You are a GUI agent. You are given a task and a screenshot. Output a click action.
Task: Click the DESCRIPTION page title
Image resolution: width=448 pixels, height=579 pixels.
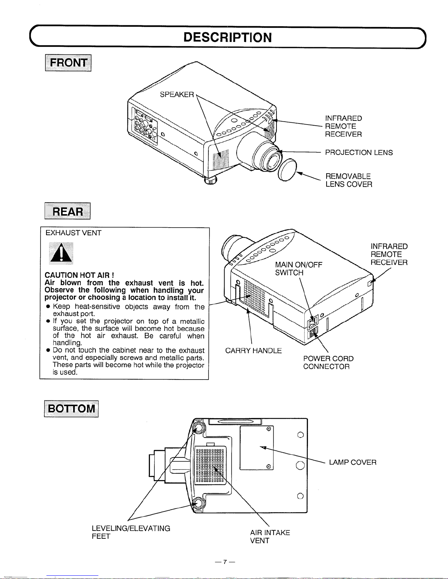(x=227, y=37)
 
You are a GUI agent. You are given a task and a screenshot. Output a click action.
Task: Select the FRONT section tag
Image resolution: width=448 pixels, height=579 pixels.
(x=68, y=63)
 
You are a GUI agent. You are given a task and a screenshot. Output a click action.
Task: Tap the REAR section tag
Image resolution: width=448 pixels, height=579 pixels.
(x=68, y=211)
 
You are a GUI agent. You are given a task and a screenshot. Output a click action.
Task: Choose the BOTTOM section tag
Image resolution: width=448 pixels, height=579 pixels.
(x=71, y=408)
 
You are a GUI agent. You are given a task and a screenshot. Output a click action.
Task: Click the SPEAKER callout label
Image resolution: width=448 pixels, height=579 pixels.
(x=177, y=95)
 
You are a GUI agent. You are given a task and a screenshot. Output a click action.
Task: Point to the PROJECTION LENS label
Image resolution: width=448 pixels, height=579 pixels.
(x=359, y=152)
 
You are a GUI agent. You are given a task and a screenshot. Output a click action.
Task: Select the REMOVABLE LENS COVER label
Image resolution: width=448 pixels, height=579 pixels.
(x=349, y=180)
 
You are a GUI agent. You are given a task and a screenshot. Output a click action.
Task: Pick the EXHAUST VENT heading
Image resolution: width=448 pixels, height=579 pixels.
(x=74, y=233)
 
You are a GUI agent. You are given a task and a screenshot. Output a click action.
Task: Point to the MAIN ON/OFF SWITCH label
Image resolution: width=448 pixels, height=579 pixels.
(x=298, y=268)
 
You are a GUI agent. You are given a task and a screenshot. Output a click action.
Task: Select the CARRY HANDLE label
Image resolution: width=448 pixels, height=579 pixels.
(x=253, y=351)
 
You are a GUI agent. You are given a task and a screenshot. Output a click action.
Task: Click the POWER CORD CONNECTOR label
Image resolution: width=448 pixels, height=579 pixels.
(x=328, y=362)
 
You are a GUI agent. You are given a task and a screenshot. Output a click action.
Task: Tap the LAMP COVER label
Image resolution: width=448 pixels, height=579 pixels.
(x=353, y=462)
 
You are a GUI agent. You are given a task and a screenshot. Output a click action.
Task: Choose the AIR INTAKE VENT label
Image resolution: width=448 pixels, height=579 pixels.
(x=270, y=537)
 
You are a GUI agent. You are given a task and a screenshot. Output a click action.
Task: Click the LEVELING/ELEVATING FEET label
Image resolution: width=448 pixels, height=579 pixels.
(x=131, y=532)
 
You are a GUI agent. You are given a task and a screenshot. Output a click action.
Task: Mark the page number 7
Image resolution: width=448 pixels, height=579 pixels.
(x=225, y=561)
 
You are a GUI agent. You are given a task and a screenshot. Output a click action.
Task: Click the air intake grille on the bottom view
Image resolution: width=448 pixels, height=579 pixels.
(x=211, y=465)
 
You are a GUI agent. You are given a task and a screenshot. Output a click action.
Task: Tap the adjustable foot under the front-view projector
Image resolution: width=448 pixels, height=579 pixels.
(x=210, y=180)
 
